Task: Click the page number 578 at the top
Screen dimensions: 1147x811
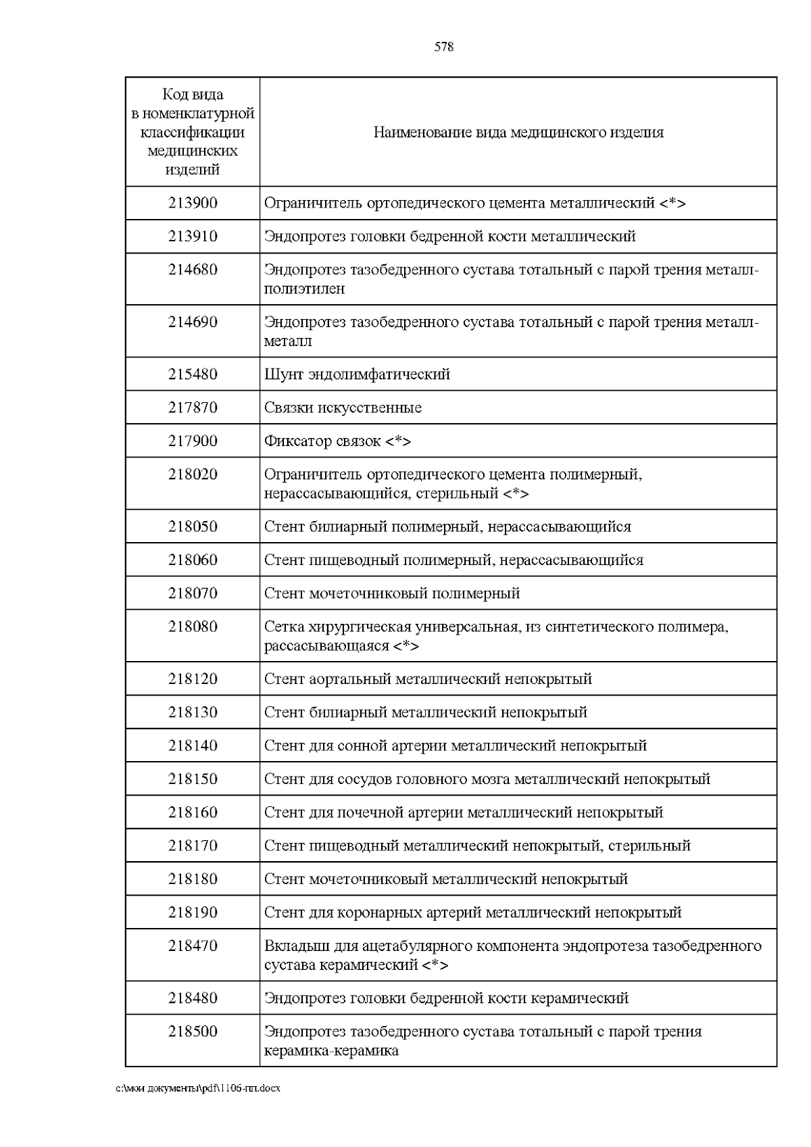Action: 443,47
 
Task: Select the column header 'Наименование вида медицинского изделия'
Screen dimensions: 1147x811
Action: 518,132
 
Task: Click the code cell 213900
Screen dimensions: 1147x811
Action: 193,203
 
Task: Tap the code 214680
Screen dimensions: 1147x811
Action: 193,270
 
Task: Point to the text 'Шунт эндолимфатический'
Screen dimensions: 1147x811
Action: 357,374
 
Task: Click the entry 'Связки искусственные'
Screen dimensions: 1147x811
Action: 343,408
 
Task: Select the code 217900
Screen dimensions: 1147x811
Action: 193,441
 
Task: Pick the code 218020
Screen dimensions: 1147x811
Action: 193,474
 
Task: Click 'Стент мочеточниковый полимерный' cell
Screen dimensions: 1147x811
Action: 392,593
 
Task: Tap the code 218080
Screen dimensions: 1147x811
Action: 193,627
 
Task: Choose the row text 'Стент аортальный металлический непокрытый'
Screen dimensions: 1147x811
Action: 428,679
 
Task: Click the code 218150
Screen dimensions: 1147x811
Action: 193,779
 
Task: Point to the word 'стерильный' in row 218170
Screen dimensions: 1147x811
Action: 649,846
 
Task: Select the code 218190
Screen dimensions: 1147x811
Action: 193,912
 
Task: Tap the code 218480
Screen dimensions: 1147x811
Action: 193,998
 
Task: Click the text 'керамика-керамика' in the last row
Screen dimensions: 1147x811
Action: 331,1051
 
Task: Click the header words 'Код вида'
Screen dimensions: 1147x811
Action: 193,95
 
